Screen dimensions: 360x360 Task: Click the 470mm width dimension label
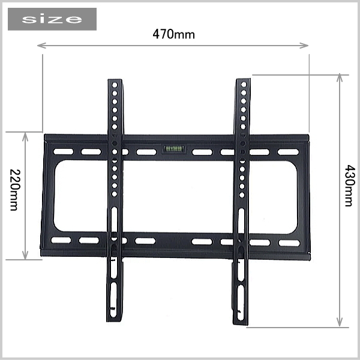pos(173,34)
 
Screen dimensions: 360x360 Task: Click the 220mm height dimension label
pos(15,190)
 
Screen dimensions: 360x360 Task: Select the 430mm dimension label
pos(350,185)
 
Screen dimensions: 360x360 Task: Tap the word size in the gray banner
pos(52,19)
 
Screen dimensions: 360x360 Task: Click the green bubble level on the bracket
pos(174,149)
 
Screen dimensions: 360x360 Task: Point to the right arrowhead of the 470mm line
pos(304,46)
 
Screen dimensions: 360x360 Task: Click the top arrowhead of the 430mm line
pos(340,77)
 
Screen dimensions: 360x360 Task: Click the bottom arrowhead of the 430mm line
pos(340,322)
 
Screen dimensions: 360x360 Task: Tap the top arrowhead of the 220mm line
pos(25,137)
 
